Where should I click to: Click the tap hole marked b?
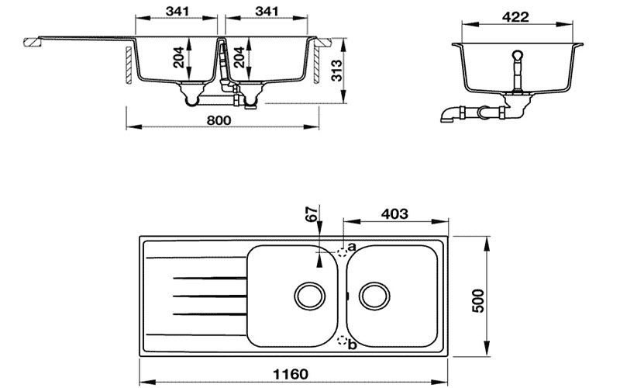point(342,339)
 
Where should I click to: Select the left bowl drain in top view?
point(308,294)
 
